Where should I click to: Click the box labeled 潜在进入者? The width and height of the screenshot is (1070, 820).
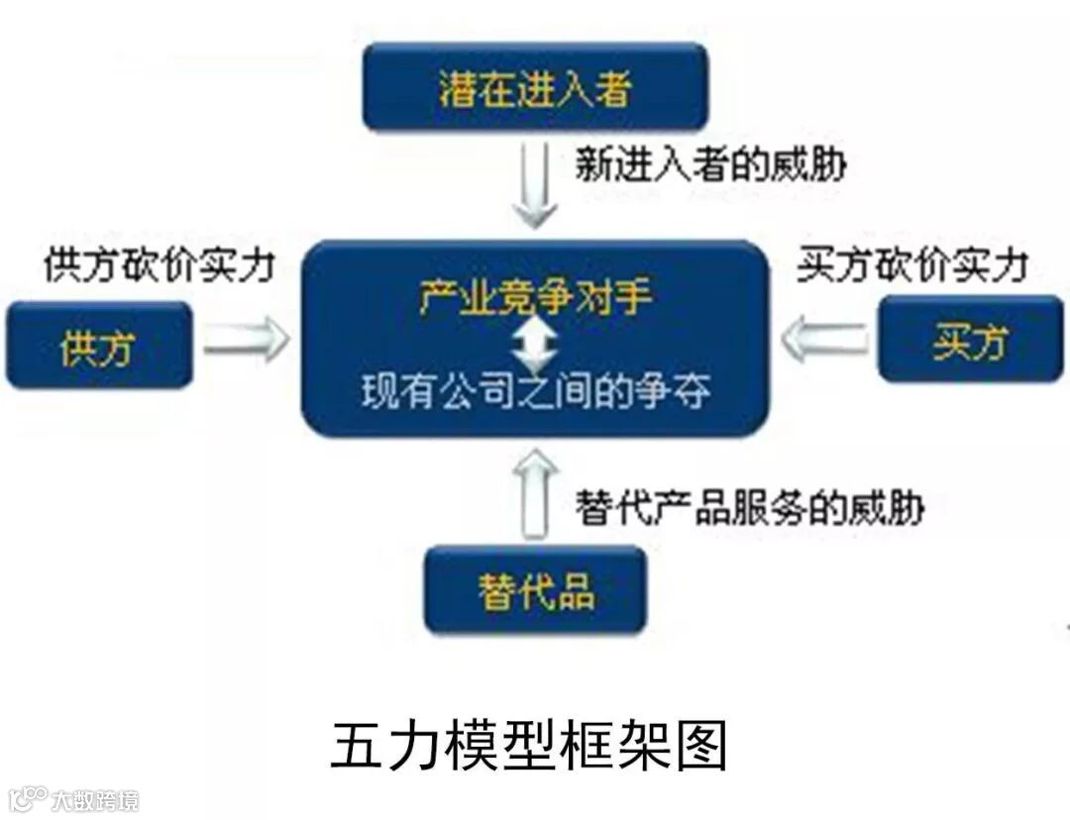535,89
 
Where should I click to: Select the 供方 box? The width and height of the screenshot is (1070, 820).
97,346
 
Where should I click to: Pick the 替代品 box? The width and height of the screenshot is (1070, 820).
535,590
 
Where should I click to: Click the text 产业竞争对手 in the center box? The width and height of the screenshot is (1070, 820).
535,296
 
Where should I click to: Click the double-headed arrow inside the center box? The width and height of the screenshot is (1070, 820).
535,344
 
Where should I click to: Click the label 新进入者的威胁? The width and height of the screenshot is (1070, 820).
710,163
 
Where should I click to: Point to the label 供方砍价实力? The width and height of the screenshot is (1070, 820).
159,265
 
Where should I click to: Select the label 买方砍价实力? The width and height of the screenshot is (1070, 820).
911,265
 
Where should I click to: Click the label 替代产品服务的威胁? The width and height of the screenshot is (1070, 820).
749,508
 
